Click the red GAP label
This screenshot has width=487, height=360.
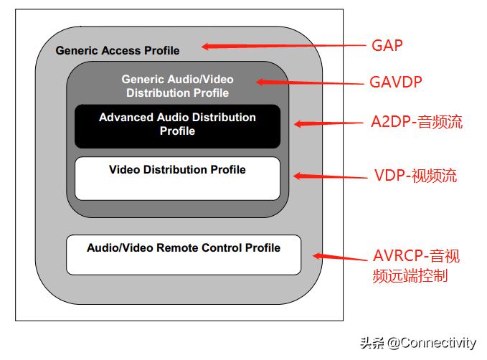pyautogui.click(x=388, y=45)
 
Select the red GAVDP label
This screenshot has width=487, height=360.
pyautogui.click(x=396, y=82)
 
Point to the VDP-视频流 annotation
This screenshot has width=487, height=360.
pyautogui.click(x=415, y=176)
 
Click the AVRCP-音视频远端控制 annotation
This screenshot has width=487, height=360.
pyautogui.click(x=417, y=265)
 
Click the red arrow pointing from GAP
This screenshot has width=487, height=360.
pyautogui.click(x=283, y=47)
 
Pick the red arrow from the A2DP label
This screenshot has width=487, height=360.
pyautogui.click(x=331, y=123)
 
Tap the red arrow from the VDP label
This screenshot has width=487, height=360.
pyautogui.click(x=331, y=176)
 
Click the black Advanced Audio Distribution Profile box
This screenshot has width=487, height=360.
pyautogui.click(x=177, y=125)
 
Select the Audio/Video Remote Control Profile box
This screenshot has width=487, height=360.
pyautogui.click(x=184, y=254)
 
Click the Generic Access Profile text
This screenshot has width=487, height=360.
pyautogui.click(x=118, y=51)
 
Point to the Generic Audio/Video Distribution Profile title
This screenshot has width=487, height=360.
pyautogui.click(x=177, y=86)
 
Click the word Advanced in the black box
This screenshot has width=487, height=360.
pyautogui.click(x=126, y=117)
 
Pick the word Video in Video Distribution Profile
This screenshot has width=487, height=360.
pyautogui.click(x=123, y=170)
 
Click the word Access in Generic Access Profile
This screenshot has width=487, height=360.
pyautogui.click(x=120, y=51)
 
